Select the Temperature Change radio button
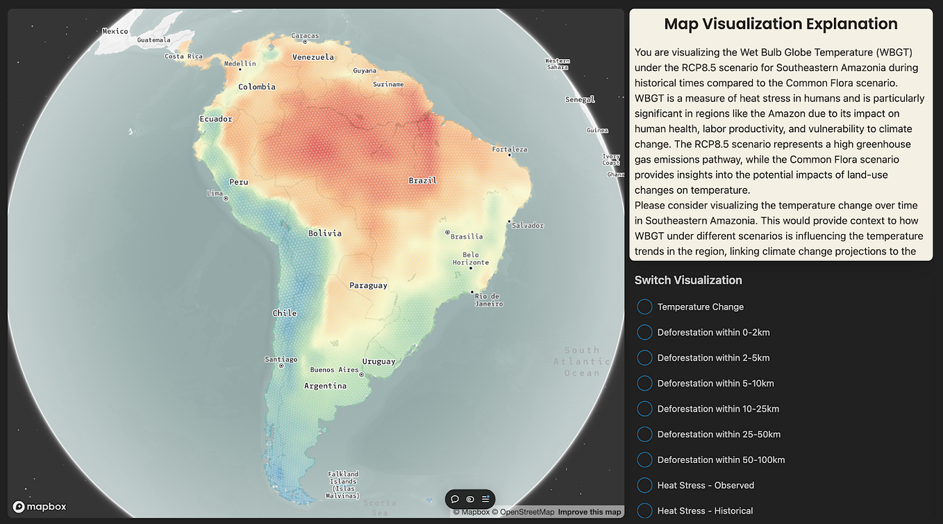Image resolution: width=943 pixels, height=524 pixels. (x=644, y=306)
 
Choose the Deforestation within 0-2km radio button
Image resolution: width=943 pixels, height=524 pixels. (x=644, y=332)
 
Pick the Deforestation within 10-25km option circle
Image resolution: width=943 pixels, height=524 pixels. (x=644, y=409)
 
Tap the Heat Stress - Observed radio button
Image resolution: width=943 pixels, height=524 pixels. (x=644, y=485)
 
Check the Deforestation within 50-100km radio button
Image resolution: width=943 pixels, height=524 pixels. (x=644, y=459)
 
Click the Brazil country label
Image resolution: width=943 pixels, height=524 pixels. (x=422, y=181)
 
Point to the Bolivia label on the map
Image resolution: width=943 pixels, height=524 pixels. (x=325, y=234)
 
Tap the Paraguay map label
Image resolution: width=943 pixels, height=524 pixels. (x=368, y=286)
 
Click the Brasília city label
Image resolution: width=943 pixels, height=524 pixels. (x=466, y=236)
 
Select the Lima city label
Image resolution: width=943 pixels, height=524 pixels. (x=215, y=193)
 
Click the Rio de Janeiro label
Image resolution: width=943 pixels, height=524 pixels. (x=488, y=300)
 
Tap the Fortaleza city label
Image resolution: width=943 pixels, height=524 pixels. (x=510, y=149)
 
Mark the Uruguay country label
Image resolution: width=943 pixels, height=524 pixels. (x=378, y=361)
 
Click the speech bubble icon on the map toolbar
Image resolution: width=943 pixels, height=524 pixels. (x=455, y=499)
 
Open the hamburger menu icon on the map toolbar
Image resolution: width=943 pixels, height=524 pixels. (x=485, y=499)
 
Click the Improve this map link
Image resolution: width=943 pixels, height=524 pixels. (x=590, y=512)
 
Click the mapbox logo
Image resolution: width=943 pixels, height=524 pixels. (x=40, y=507)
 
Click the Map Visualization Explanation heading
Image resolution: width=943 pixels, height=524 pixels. (x=781, y=24)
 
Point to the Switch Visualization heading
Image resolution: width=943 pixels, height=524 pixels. (x=688, y=280)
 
